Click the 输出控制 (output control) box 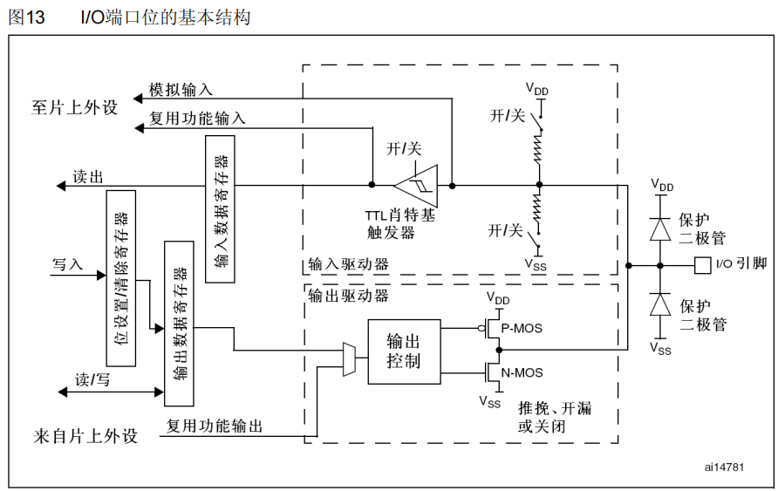pos(403,351)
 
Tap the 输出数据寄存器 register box pos(179,324)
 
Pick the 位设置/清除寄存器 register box pos(121,278)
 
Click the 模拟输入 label pos(181,90)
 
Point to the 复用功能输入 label pos(197,118)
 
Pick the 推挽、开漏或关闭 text pos(555,418)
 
